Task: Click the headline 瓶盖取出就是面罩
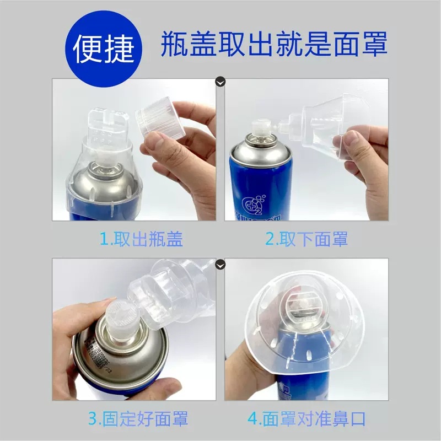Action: (274, 45)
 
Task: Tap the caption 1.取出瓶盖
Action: (141, 239)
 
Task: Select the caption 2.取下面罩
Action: (306, 239)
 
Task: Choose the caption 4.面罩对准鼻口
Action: (306, 418)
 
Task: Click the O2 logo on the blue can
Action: (248, 202)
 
